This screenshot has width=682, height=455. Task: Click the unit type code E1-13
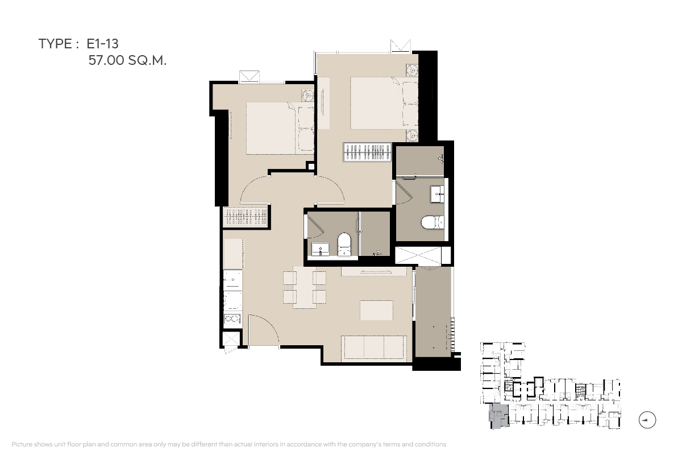tap(103, 44)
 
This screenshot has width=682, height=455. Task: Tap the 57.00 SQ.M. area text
tap(127, 60)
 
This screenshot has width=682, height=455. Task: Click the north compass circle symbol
tap(647, 420)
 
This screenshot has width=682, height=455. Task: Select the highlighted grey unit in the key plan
tap(498, 416)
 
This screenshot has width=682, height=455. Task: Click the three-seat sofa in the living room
tap(374, 348)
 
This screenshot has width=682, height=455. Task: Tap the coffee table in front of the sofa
tap(376, 310)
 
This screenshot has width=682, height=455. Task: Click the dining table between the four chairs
tap(305, 287)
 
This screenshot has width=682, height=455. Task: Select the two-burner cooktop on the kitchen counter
tap(232, 318)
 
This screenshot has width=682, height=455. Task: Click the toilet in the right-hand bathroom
tap(433, 222)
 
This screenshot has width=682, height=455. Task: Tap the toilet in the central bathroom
tap(344, 245)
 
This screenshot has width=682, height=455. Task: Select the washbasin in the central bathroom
tap(321, 249)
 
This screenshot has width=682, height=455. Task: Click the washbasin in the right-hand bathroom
tap(437, 194)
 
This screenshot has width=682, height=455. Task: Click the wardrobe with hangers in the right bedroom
tap(367, 152)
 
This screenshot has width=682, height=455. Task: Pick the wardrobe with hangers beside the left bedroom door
tap(245, 217)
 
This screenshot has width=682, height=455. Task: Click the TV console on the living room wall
tap(374, 271)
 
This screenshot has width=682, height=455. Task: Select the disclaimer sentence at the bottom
tap(228, 444)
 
